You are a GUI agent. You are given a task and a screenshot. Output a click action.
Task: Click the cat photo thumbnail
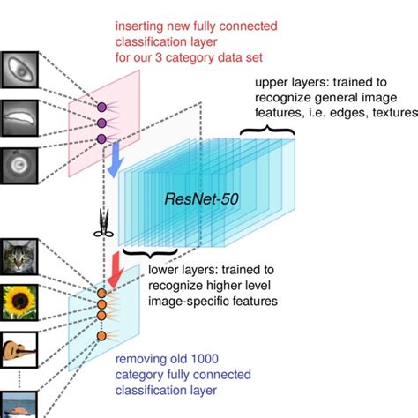19,256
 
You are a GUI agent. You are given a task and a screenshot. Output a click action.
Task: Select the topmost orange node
101,293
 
